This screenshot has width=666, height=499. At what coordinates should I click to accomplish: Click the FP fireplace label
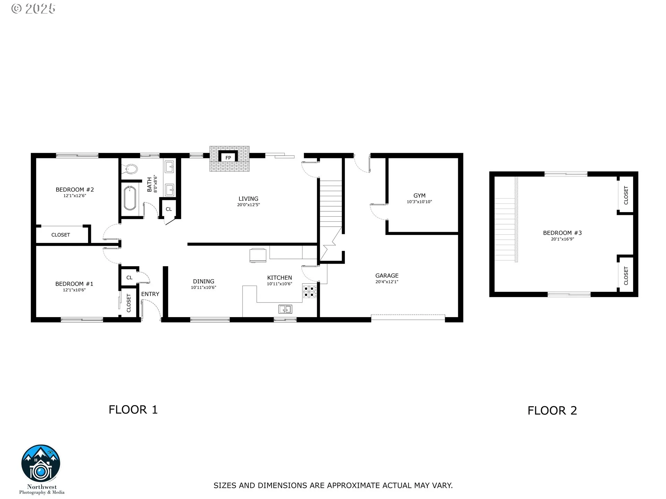point(228,158)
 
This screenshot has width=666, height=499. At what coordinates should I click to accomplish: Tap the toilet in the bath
point(129,169)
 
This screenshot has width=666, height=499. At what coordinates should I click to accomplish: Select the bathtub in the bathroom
point(130,198)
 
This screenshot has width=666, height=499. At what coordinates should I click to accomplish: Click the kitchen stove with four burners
point(309,291)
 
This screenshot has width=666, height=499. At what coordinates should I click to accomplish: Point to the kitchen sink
point(285,309)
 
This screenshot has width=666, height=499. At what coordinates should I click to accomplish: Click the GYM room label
point(419,196)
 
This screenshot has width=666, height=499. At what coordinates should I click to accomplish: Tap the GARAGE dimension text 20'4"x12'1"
point(387,282)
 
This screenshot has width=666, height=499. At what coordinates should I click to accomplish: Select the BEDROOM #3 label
point(562,233)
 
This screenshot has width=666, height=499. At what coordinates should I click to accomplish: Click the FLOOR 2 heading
point(552,411)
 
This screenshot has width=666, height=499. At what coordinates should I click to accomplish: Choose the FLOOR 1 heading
point(133,410)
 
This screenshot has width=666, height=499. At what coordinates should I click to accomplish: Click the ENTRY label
point(150,294)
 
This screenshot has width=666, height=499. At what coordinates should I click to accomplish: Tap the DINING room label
point(204,281)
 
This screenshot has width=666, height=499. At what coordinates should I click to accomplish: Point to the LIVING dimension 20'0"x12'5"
point(248,205)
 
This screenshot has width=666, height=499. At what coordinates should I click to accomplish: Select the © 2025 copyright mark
point(33,9)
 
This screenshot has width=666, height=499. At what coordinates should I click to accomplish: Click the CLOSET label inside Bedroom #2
point(61,235)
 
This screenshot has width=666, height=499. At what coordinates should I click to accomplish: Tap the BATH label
point(150,184)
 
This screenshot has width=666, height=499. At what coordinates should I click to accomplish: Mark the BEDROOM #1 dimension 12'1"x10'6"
point(74,290)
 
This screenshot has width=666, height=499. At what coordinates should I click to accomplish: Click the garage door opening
point(408,317)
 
